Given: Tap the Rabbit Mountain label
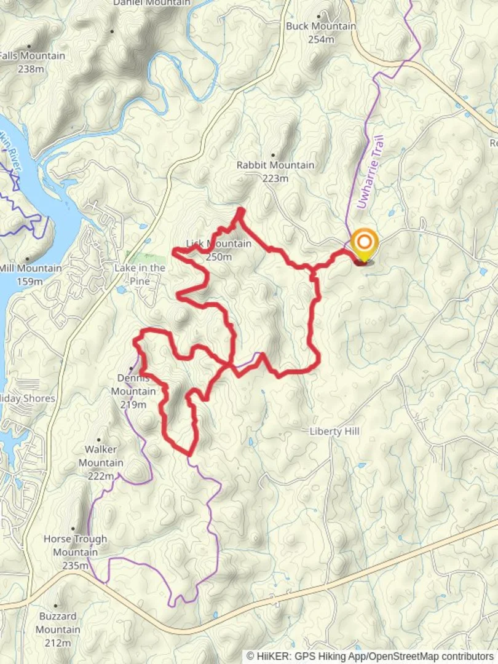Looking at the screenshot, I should coord(275,165).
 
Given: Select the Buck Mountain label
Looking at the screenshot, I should coord(321,26).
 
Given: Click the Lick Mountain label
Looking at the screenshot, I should coord(219,244).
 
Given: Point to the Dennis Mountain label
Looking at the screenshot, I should coord(133,385).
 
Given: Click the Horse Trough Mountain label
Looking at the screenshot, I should coord(75,545).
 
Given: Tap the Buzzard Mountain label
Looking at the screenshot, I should coord(58,623).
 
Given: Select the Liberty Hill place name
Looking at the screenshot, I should coord(334,432).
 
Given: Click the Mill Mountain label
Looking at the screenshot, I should coord(31,269).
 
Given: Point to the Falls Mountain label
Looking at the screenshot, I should coord(32,56).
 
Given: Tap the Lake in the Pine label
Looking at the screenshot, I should coord(140,274).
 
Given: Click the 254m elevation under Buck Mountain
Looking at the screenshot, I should coord(321,39).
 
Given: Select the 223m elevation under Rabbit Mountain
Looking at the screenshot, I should coord(275,179).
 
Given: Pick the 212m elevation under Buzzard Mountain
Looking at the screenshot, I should coord(58,643).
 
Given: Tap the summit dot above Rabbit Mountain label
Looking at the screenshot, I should coord(273,155).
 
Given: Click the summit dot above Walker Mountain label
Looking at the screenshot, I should coord(98,440).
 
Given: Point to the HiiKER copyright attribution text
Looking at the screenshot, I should coord(371,657).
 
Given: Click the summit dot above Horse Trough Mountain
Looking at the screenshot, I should coord(73,529).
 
